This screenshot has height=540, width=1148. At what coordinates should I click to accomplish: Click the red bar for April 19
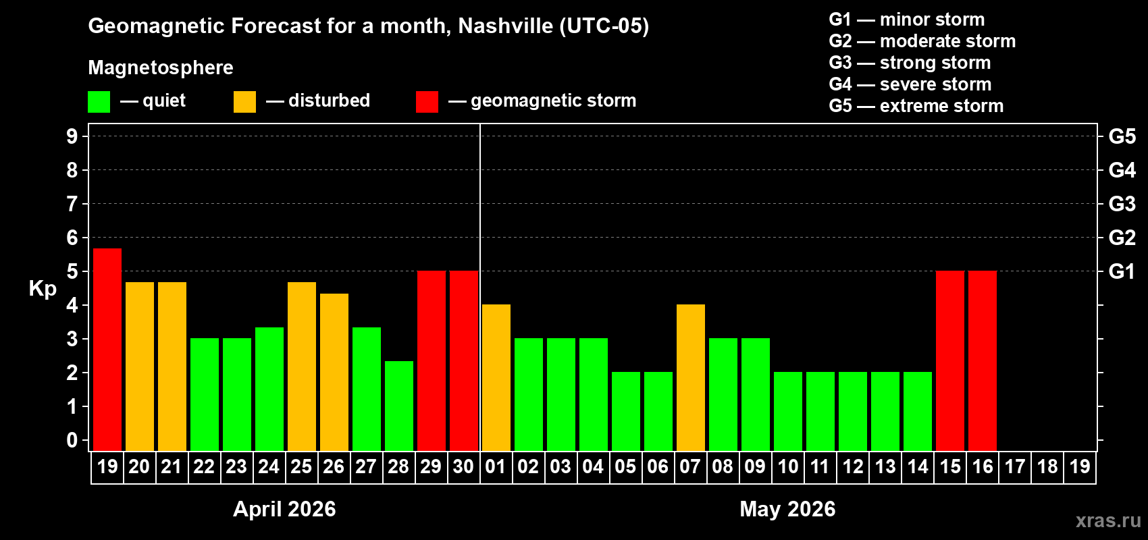(107, 350)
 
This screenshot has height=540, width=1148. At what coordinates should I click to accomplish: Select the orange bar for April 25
(302, 367)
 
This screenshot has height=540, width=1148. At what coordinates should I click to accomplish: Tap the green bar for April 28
(399, 406)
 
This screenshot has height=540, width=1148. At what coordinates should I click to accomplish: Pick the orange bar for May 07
(691, 377)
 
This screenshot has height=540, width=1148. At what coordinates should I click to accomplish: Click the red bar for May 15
(950, 360)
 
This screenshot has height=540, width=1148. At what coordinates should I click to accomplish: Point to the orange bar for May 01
(496, 377)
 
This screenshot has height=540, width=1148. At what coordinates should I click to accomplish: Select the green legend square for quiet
(99, 102)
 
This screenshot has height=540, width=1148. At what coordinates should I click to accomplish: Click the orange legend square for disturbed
(244, 102)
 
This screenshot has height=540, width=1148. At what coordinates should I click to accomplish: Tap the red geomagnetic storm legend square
(427, 102)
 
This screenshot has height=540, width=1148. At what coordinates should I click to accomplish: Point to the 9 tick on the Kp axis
(72, 136)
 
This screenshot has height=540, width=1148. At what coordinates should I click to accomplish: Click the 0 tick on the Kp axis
(72, 441)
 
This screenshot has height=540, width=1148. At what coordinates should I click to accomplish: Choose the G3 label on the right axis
(1122, 204)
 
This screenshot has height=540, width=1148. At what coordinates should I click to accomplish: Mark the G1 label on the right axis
(1122, 271)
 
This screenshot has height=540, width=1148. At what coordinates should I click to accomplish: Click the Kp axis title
(43, 288)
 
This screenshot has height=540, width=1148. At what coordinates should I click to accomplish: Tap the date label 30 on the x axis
(463, 466)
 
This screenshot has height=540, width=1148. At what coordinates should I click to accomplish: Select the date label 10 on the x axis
(787, 466)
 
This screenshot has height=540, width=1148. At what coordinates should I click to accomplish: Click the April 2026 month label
(284, 509)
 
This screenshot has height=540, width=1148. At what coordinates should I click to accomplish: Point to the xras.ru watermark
(1108, 520)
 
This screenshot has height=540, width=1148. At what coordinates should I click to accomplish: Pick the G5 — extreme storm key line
(916, 106)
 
